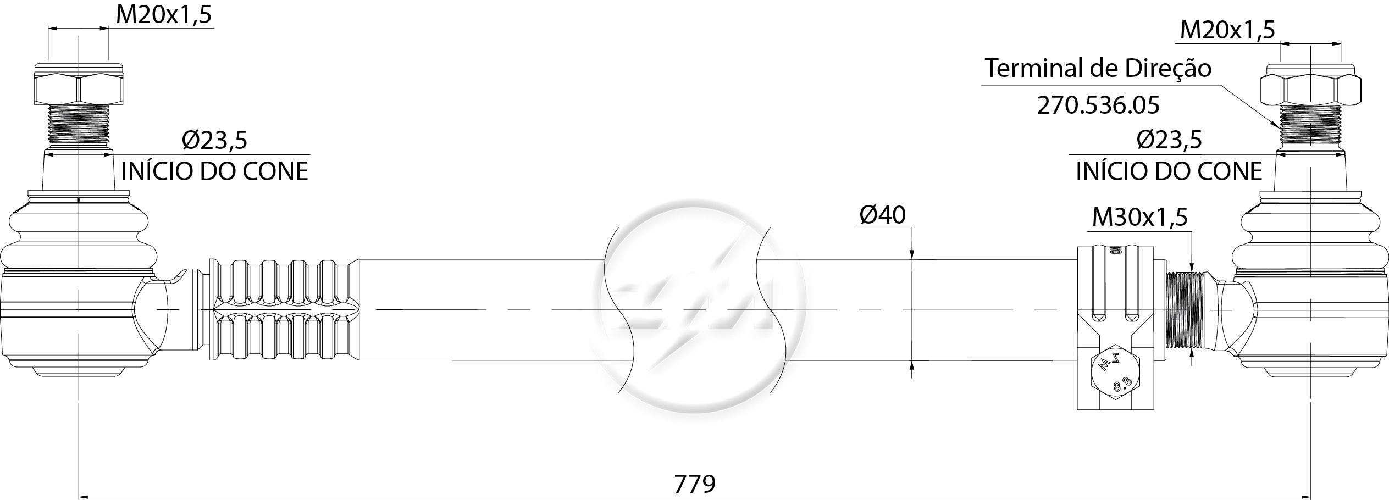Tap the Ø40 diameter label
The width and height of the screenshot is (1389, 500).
(882, 215)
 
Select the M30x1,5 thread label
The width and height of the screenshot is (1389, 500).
(1139, 217)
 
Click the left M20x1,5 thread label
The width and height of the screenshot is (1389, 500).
(164, 15)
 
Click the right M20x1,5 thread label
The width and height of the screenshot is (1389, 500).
(1227, 30)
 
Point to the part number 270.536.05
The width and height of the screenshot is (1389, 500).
(1098, 105)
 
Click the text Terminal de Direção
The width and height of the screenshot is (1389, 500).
(1098, 68)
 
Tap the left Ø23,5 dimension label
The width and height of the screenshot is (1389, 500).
(214, 140)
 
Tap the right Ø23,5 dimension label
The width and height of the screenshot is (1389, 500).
(1169, 140)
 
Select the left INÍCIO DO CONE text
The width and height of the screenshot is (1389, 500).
(214, 171)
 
